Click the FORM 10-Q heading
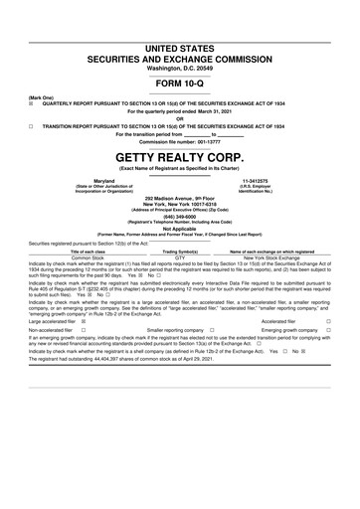179,85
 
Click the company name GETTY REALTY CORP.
179,157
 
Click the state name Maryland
103,180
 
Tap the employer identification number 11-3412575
257,180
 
